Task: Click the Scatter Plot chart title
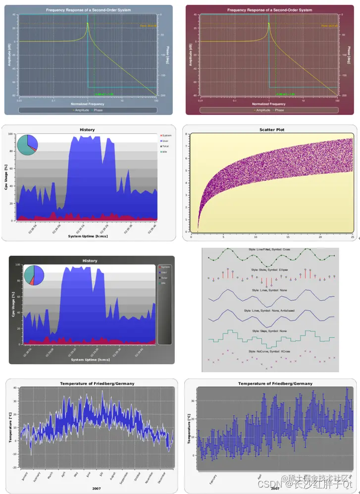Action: [x=272, y=130]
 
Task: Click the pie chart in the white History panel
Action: [x=27, y=144]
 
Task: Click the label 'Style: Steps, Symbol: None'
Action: [x=270, y=330]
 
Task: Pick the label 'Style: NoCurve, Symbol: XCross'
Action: [x=270, y=351]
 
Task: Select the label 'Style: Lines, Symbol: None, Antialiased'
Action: [x=270, y=310]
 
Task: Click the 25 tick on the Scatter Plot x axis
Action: [x=351, y=237]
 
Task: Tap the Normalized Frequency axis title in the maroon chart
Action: [x=269, y=104]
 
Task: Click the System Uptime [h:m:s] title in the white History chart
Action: [x=88, y=236]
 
